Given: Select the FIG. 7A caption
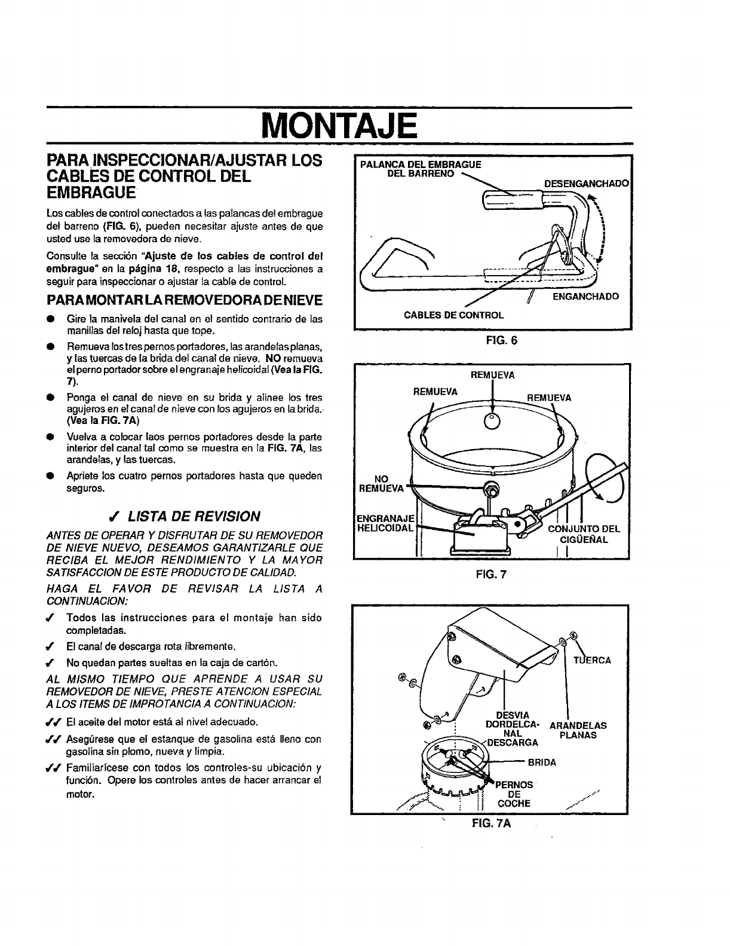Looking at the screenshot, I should (x=490, y=823).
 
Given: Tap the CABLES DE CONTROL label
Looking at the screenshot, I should (x=454, y=315).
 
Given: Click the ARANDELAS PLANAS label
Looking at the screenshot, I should (x=578, y=730).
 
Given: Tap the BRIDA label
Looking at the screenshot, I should (x=542, y=762).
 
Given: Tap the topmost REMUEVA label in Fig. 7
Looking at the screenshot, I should (x=493, y=376).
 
